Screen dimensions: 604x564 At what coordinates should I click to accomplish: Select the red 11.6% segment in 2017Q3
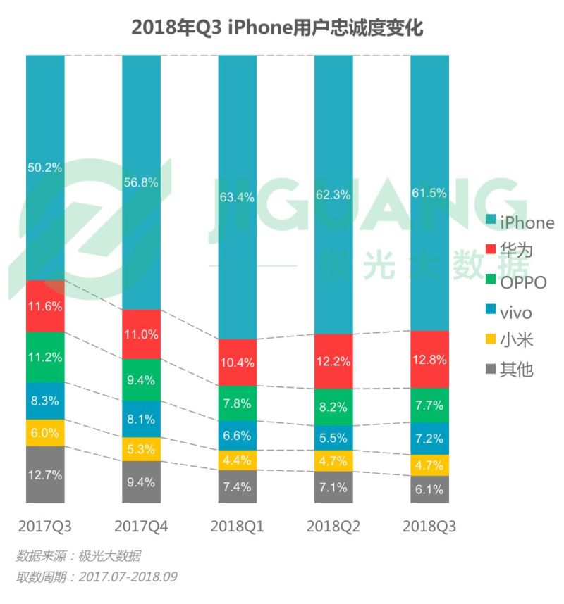[x=45, y=306]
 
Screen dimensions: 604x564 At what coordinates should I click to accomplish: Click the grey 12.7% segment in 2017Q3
[x=45, y=475]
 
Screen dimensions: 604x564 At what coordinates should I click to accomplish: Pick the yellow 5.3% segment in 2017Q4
[x=141, y=449]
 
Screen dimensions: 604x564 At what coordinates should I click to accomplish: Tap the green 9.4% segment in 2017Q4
[x=141, y=380]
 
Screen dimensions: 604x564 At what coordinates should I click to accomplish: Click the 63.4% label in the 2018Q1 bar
[x=237, y=197]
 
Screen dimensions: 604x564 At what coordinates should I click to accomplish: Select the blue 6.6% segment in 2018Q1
[x=237, y=436]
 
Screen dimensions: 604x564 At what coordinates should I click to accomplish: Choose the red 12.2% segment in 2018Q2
[x=333, y=361]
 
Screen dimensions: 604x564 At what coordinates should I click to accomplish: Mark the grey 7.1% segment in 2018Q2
[x=333, y=487]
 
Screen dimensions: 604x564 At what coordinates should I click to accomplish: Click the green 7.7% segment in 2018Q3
[x=429, y=405]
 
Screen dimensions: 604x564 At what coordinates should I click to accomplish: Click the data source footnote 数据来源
[x=78, y=557]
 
